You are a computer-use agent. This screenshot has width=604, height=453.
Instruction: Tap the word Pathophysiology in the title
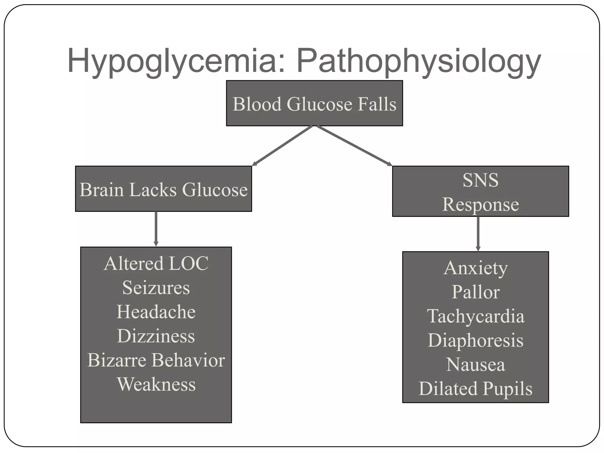pyautogui.click(x=419, y=61)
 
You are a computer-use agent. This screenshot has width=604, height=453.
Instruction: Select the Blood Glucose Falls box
pyautogui.click(x=314, y=104)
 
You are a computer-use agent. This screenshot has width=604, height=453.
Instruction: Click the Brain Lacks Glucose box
pyautogui.click(x=163, y=189)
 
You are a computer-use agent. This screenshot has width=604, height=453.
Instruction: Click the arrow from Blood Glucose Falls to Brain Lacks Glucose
pyautogui.click(x=282, y=146)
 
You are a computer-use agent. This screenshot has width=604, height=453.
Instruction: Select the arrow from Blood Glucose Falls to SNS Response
pyautogui.click(x=354, y=146)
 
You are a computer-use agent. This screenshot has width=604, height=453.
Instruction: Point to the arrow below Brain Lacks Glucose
pyautogui.click(x=156, y=229)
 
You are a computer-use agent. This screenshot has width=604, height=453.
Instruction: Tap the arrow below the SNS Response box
pyautogui.click(x=478, y=234)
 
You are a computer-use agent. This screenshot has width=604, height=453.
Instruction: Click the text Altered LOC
pyautogui.click(x=156, y=263)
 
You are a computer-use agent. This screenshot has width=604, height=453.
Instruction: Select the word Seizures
pyautogui.click(x=156, y=288)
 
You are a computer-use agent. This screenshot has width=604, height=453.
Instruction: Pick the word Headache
pyautogui.click(x=156, y=312)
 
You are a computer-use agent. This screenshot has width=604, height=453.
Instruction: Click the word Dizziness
pyautogui.click(x=156, y=336)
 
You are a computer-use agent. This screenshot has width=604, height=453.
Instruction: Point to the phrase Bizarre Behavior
pyautogui.click(x=156, y=360)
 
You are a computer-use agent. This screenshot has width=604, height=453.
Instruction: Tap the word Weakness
pyautogui.click(x=156, y=384)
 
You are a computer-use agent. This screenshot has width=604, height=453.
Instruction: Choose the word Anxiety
pyautogui.click(x=475, y=268)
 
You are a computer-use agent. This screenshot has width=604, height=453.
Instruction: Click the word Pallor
pyautogui.click(x=475, y=292)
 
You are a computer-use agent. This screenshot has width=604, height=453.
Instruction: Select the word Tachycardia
pyautogui.click(x=475, y=316)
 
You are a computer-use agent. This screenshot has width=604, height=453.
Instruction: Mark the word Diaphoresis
pyautogui.click(x=475, y=340)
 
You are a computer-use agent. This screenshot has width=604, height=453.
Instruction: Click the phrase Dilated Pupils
pyautogui.click(x=475, y=388)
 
